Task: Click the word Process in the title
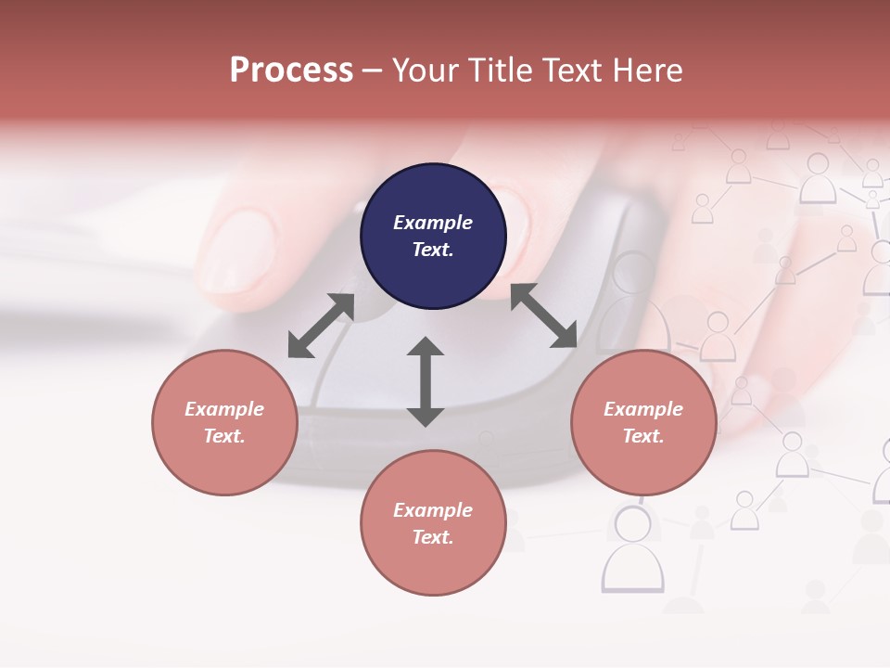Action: pyautogui.click(x=291, y=71)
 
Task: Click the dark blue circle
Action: pyautogui.click(x=433, y=236)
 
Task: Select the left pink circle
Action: pyautogui.click(x=224, y=422)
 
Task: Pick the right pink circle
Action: pyautogui.click(x=643, y=422)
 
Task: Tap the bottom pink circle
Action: pyautogui.click(x=433, y=523)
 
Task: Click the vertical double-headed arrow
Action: pyautogui.click(x=426, y=381)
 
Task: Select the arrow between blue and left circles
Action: pyautogui.click(x=321, y=325)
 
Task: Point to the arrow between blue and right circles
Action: pyautogui.click(x=544, y=315)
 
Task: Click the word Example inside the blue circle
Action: pyautogui.click(x=433, y=223)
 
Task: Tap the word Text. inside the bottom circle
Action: pyautogui.click(x=433, y=537)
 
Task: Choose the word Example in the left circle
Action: pyautogui.click(x=224, y=409)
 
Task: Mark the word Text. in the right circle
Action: pyautogui.click(x=643, y=436)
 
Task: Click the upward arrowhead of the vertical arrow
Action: pyautogui.click(x=426, y=346)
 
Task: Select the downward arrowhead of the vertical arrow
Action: pyautogui.click(x=426, y=417)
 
